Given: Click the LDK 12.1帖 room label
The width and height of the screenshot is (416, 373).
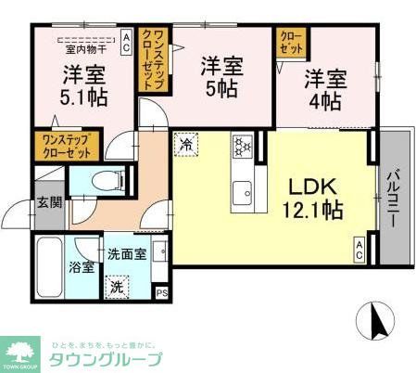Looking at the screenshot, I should pyautogui.click(x=312, y=198).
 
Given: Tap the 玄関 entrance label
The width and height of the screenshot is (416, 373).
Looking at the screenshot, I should pyautogui.click(x=48, y=202).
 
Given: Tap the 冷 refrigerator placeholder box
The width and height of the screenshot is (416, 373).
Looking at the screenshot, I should pyautogui.click(x=186, y=144).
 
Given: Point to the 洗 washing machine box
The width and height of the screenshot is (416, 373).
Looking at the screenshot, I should pyautogui.click(x=118, y=287).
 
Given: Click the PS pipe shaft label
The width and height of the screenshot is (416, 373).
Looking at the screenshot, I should pyautogui.click(x=162, y=294).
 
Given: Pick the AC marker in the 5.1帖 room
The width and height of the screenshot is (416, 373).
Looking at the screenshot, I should pyautogui.click(x=127, y=38).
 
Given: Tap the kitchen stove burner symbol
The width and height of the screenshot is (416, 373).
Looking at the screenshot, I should pyautogui.click(x=243, y=145).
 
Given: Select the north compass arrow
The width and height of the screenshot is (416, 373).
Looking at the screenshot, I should pyautogui.click(x=377, y=321).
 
